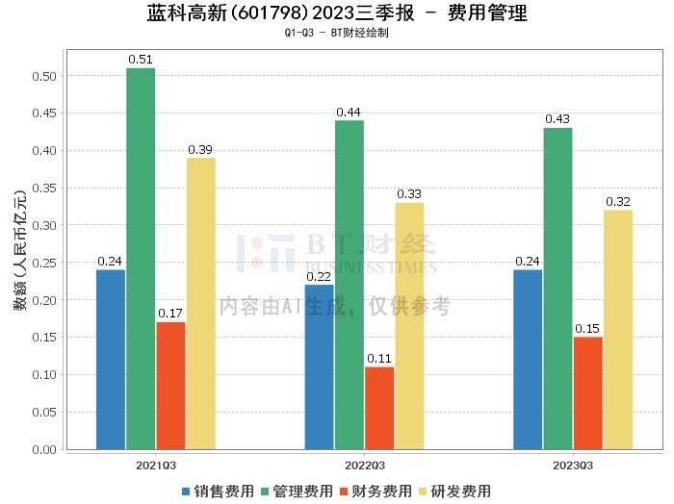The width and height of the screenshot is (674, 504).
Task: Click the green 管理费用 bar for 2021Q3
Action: click(x=141, y=259)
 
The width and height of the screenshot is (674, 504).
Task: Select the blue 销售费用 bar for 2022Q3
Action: click(x=319, y=366)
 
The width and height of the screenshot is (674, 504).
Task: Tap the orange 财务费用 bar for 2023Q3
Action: click(x=587, y=392)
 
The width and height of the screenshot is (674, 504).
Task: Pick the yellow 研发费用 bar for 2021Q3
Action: click(x=200, y=303)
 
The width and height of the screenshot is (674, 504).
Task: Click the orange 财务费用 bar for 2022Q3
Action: click(x=379, y=408)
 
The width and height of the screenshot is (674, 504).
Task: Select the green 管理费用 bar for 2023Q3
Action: click(x=557, y=289)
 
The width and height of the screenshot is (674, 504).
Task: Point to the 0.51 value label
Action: click(x=141, y=60)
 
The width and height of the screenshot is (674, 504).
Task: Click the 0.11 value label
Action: click(x=379, y=358)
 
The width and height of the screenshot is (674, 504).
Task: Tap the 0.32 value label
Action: click(x=618, y=201)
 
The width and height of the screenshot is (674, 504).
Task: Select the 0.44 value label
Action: click(x=349, y=112)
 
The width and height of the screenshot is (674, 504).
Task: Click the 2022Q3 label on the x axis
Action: click(x=364, y=465)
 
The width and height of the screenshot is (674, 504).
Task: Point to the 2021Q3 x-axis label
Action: click(x=155, y=465)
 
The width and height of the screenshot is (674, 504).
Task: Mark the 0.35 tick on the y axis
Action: click(x=44, y=188)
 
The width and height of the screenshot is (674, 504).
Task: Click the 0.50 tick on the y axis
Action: click(x=44, y=76)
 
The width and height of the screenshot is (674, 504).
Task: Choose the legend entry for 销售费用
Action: click(x=218, y=491)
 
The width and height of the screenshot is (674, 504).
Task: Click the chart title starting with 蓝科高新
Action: click(x=337, y=13)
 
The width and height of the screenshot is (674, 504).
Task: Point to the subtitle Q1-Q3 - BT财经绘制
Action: click(x=337, y=33)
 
